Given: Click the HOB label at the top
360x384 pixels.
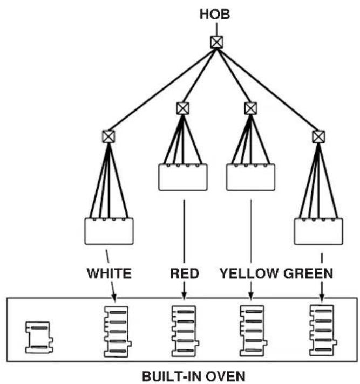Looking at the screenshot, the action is point(215,14).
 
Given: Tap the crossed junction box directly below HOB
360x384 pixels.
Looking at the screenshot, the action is point(217,42).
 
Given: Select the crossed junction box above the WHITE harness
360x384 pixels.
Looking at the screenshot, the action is point(108,136).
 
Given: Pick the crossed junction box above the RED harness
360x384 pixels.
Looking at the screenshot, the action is point(183,108).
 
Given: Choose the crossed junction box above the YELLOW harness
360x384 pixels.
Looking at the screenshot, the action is point(250,108).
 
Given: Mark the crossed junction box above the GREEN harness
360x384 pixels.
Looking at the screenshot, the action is point(318,136).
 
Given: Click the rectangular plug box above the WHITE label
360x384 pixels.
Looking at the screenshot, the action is point(109,231).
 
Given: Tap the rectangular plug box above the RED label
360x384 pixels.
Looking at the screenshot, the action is point(183,177).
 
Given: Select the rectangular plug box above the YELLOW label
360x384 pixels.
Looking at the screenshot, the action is point(250,177).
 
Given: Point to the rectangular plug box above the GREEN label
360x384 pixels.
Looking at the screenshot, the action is point(318,231).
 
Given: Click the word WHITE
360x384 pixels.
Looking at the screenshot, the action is point(110,273).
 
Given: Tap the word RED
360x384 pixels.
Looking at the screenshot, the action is point(184,273).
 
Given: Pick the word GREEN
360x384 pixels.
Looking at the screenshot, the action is point(308,273).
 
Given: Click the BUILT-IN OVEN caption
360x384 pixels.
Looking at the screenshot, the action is point(194,376).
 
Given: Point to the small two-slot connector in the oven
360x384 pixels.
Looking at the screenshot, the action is point(39,338).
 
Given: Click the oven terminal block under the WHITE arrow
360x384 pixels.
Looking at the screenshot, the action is point(118,331).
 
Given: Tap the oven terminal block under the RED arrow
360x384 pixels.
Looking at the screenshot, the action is point(185,331).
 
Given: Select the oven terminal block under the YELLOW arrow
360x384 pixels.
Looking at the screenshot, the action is point(253,331).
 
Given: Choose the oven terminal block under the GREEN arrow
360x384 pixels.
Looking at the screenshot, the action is point(323,330).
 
